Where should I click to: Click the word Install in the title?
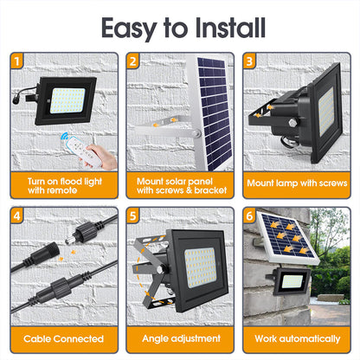coord(230,28)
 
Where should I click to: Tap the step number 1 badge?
coord(17,61)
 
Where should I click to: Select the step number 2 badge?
coord(133,61)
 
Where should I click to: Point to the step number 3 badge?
coord(249,61)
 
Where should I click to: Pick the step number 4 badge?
coord(17,215)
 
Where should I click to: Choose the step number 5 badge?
coord(133,215)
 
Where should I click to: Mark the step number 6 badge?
coord(249,215)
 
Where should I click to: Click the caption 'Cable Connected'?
coord(63,338)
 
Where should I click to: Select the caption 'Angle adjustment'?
coord(181,338)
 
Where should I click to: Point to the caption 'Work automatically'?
coord(298,338)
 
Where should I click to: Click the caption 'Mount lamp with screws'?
coord(297,183)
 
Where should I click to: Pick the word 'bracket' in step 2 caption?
coord(210,190)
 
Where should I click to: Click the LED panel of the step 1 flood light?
coord(67,100)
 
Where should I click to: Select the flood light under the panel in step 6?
coord(291,280)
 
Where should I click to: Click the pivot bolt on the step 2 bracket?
coord(196,133)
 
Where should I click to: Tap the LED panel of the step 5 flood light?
coord(200,268)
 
